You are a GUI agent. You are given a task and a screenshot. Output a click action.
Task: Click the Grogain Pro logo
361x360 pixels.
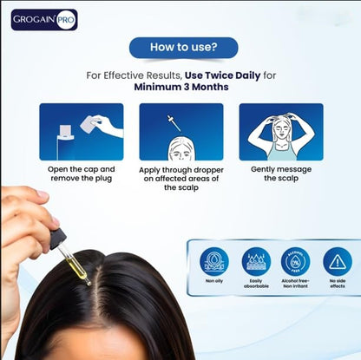(x=44, y=19)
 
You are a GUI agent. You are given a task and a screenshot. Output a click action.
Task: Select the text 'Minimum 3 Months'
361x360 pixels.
(x=180, y=88)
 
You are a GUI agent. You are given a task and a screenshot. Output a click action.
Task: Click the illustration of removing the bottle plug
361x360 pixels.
(x=81, y=131)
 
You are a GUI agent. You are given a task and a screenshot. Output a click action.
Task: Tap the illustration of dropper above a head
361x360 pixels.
(x=180, y=131)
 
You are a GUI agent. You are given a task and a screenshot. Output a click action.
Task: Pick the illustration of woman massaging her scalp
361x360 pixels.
(x=280, y=131)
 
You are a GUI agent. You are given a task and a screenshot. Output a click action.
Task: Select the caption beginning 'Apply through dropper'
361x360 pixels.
(x=180, y=178)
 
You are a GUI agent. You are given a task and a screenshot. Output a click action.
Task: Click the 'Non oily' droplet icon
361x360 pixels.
(x=214, y=260)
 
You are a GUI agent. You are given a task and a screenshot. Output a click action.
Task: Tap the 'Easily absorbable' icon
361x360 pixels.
(x=256, y=260)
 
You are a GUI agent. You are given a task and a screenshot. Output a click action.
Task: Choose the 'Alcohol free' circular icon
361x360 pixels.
(x=295, y=260)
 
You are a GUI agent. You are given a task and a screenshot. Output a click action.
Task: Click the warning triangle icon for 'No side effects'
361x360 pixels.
(x=337, y=260)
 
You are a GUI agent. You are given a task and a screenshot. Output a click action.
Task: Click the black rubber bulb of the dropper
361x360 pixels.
(x=57, y=235)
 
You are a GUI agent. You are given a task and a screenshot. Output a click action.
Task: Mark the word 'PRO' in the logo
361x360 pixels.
(x=66, y=19)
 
